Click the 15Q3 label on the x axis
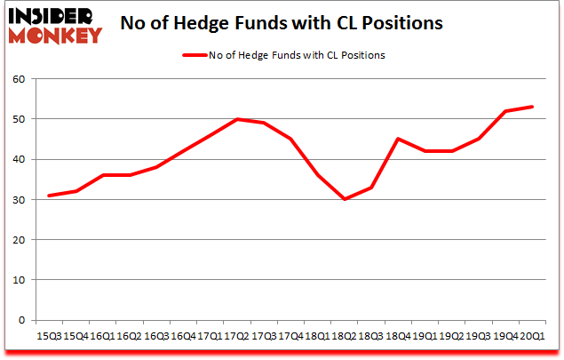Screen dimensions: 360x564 (x=49, y=336)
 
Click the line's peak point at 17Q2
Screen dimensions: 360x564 (x=237, y=119)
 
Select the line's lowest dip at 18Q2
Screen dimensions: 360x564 (x=346, y=199)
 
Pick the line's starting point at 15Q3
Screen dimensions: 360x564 (x=49, y=196)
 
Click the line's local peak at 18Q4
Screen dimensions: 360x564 (x=399, y=139)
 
